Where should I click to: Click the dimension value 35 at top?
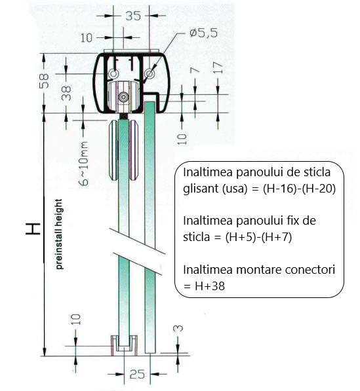pos(132,17)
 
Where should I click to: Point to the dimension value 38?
pos(66,94)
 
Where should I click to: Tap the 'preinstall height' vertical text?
pos(59,233)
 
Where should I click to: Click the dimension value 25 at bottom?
pos(136,375)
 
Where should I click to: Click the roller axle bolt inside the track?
pos(123,97)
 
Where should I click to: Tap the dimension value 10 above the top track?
pos(87,39)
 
